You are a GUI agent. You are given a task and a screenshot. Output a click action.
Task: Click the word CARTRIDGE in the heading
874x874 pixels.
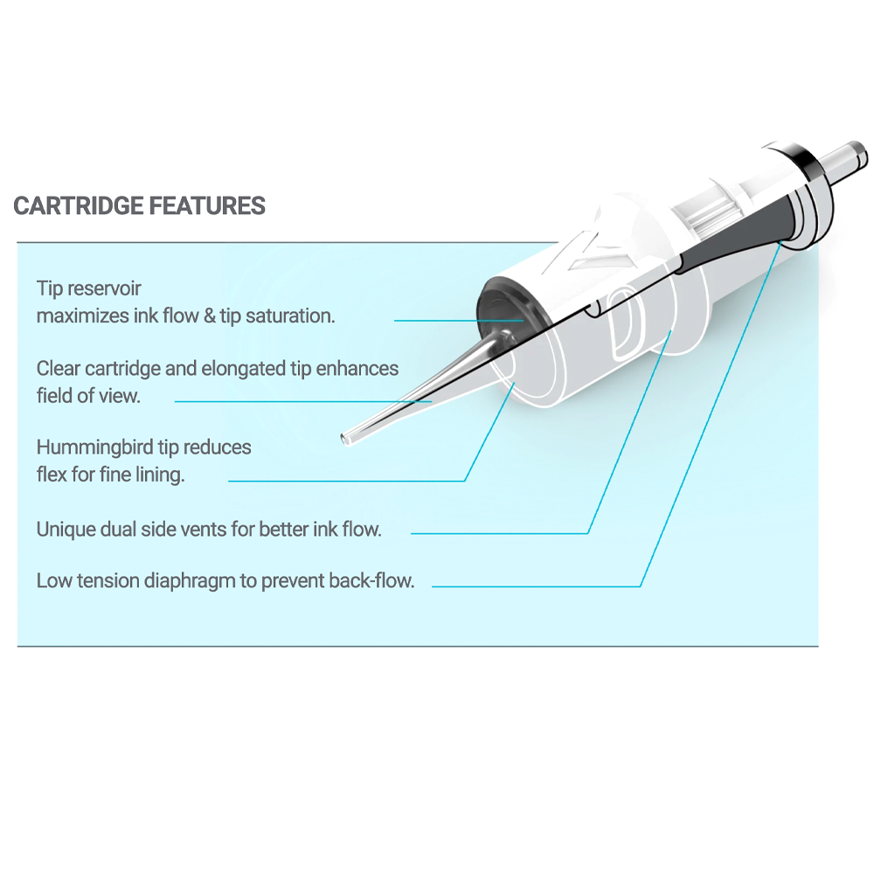79,206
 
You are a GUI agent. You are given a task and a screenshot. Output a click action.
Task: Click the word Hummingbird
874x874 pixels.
94,447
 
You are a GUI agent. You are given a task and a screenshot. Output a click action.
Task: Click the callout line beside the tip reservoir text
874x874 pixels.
454,320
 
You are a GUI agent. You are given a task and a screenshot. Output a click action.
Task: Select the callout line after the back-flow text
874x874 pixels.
533,586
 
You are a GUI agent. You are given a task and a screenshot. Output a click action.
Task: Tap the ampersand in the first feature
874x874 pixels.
210,316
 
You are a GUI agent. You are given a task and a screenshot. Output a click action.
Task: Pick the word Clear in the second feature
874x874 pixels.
59,368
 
